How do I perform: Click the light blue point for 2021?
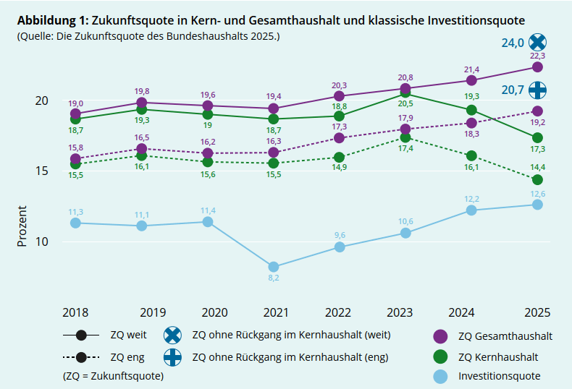(273, 267)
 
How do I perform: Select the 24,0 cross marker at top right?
(537, 43)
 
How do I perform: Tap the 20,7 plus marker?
(537, 90)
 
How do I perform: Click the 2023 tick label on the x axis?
(400, 312)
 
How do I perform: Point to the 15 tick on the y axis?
(42, 171)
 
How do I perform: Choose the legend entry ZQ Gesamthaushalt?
(505, 336)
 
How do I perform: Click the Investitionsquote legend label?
(499, 376)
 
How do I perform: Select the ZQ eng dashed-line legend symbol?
(80, 357)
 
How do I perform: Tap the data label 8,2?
(273, 278)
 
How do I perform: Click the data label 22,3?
(537, 56)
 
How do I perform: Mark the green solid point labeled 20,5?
(405, 93)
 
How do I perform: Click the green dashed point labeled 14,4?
(537, 179)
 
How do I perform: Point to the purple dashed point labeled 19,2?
(537, 111)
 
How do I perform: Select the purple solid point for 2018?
(75, 114)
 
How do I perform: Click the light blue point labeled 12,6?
(537, 205)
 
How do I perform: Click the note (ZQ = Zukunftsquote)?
(113, 376)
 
